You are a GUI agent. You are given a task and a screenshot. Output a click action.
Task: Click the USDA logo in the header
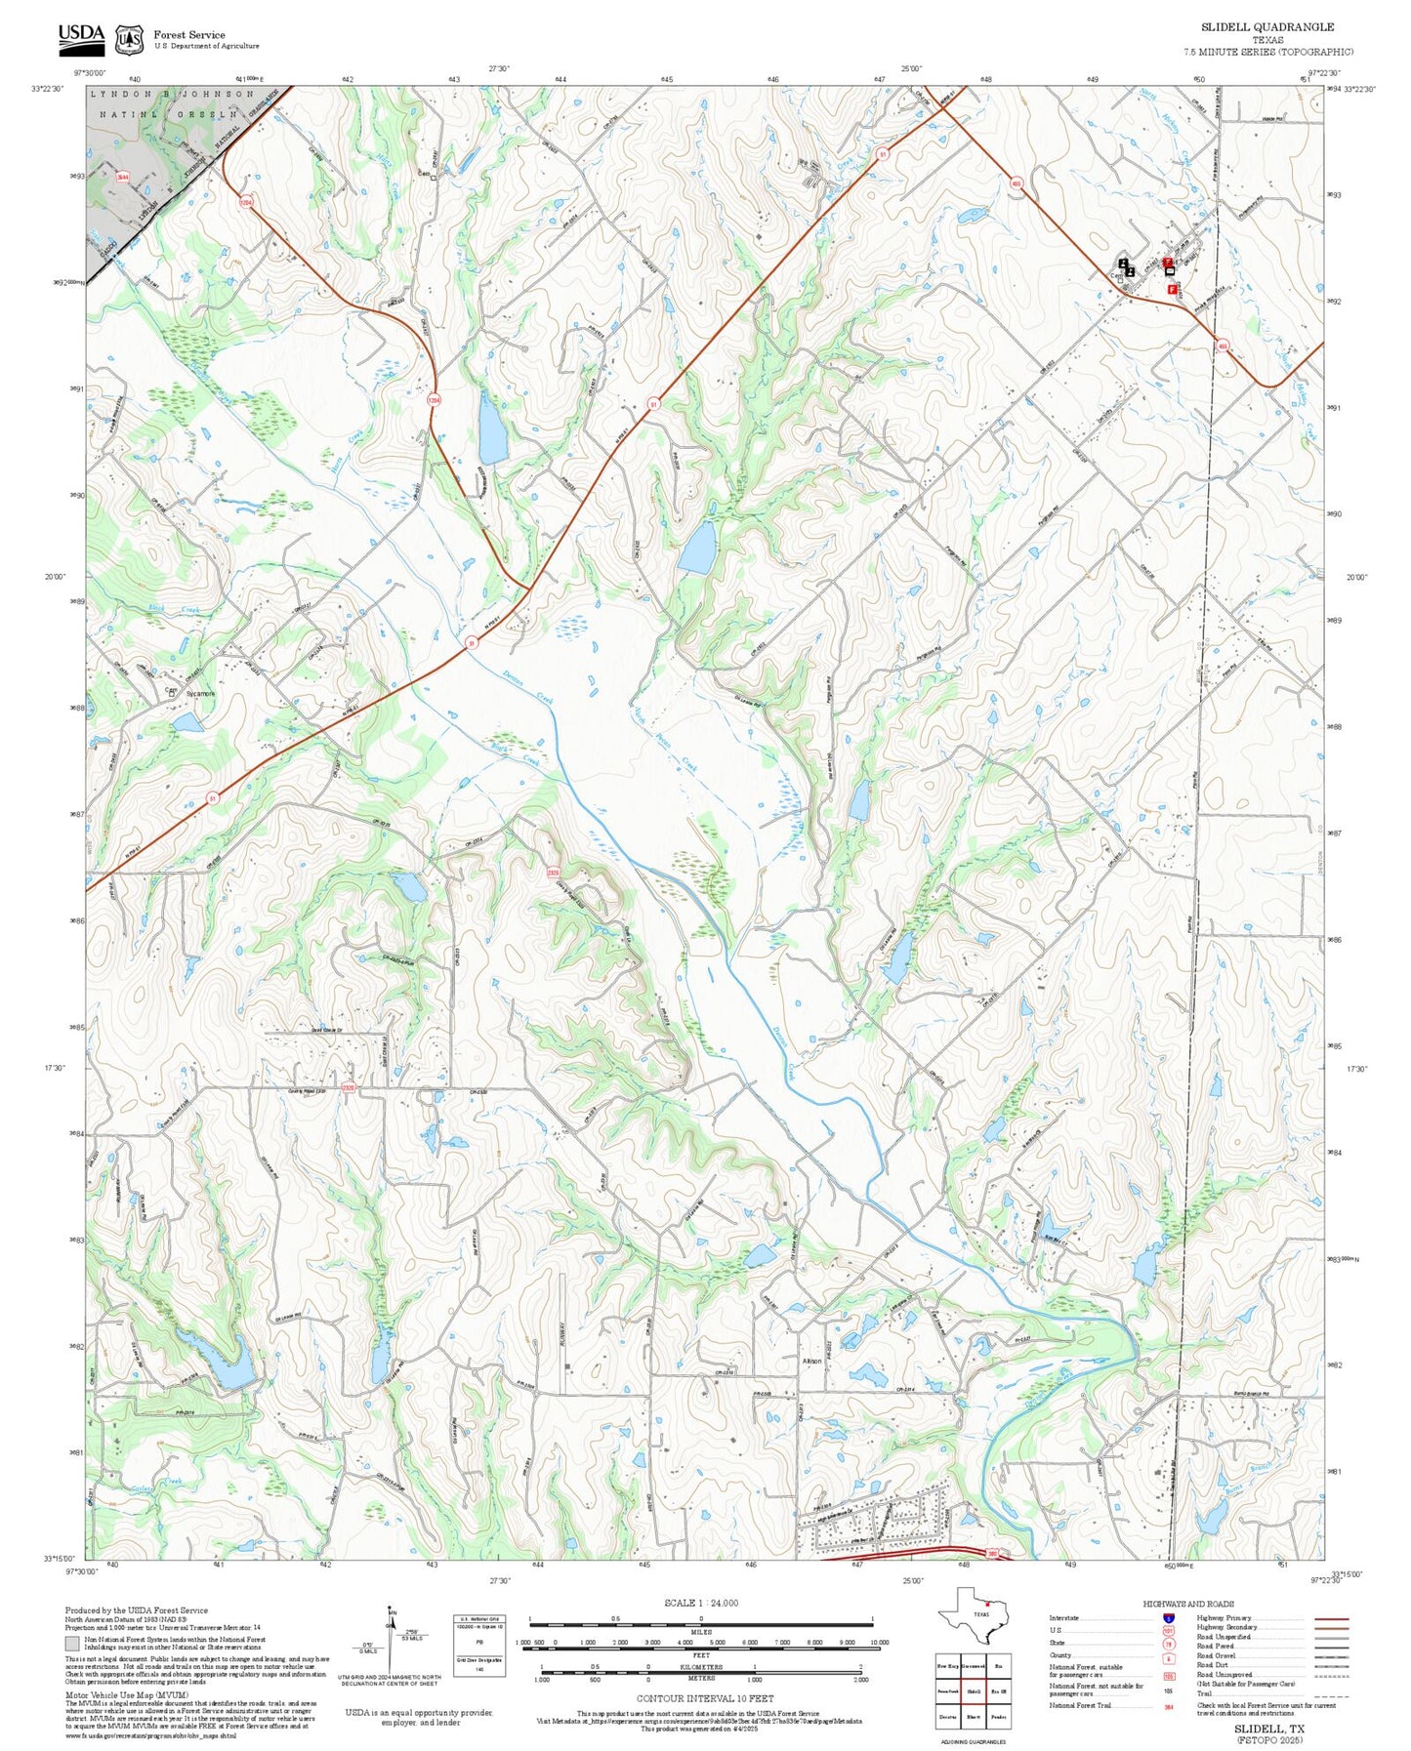pos(81,38)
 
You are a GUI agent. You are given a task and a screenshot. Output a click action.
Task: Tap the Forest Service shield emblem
pos(129,40)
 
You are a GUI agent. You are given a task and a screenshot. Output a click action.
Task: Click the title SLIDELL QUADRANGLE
pos(1266,26)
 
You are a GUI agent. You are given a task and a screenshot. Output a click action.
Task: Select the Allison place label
pos(811,1361)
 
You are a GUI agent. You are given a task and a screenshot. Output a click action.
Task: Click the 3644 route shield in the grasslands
pos(123,178)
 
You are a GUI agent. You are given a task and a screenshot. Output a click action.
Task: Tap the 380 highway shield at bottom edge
pos(992,1552)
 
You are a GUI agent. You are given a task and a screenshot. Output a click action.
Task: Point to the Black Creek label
pos(174,610)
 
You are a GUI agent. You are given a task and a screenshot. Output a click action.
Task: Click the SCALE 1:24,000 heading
pos(701,1603)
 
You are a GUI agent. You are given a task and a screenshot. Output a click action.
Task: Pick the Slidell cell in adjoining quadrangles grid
pos(973,1690)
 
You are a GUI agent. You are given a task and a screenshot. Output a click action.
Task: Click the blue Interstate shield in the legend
pos(1168,1617)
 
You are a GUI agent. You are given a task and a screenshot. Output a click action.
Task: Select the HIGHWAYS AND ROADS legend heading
pos(1187,1604)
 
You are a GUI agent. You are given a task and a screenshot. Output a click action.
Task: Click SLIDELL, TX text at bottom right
pos(1268,1728)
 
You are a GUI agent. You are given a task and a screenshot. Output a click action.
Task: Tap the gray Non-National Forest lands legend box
pos(72,1643)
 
